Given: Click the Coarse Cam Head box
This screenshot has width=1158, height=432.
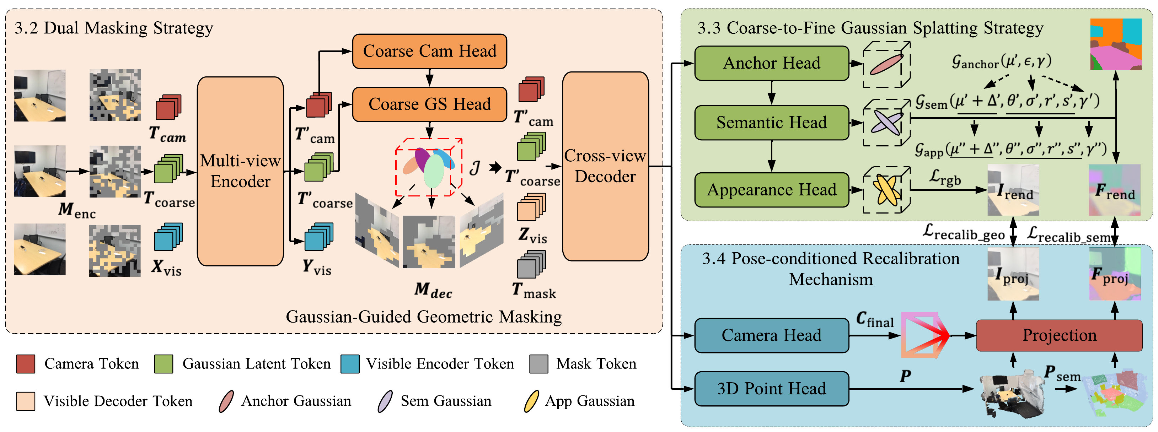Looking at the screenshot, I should pos(429,51).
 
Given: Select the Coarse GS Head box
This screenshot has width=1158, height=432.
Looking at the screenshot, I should pos(429,104).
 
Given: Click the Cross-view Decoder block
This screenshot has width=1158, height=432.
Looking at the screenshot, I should pos(605,166).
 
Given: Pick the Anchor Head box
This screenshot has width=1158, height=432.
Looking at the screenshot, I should pos(771,63).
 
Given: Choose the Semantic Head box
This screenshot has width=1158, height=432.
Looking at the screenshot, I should pos(771,123).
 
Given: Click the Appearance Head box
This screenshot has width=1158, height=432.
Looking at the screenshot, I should pos(771,190).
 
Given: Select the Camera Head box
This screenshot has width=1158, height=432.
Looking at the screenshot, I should pos(771,335).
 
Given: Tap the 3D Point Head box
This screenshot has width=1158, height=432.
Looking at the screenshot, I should pos(771,388).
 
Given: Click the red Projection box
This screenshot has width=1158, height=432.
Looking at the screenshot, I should pos(1059,335).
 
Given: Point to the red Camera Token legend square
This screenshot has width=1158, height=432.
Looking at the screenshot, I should pos(26,364).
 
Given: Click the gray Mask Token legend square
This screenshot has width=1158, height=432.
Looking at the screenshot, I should pos(538,364).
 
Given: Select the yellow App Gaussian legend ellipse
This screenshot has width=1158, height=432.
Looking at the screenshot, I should pos(531,401).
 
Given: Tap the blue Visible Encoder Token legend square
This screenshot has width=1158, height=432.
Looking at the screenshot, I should pos(350,364).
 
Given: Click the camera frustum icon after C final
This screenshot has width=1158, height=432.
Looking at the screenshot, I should pos(924,335).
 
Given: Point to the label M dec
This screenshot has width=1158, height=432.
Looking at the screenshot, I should pos(433,290).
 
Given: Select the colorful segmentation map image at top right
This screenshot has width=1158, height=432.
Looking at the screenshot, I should pos(1115,44).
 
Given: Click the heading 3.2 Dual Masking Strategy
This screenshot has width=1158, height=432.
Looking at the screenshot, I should pos(114,28).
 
